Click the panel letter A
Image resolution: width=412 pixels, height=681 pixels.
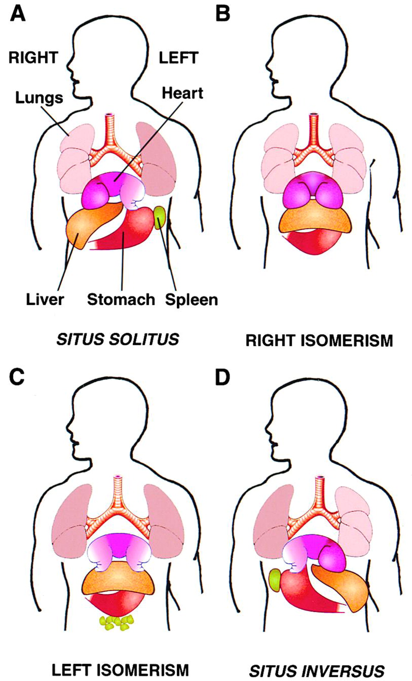[17, 15]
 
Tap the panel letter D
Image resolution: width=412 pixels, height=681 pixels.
[223, 377]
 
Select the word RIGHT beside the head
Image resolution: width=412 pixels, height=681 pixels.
[33, 58]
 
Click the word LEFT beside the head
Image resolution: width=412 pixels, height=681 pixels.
[179, 58]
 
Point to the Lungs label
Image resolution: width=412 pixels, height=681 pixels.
[39, 98]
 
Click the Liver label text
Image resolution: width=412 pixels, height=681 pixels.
[45, 299]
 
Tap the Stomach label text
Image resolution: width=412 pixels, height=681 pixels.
[121, 299]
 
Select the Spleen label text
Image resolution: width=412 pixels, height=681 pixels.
[191, 300]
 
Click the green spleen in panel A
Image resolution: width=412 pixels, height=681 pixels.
[160, 218]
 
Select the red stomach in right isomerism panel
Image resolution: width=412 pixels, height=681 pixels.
[313, 242]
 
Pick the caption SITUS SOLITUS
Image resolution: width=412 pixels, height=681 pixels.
[118, 340]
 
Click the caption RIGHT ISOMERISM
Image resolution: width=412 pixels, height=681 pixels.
[319, 340]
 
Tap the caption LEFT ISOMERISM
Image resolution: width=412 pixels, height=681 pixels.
[120, 661]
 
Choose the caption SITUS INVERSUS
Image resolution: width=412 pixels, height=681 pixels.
[316, 662]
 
